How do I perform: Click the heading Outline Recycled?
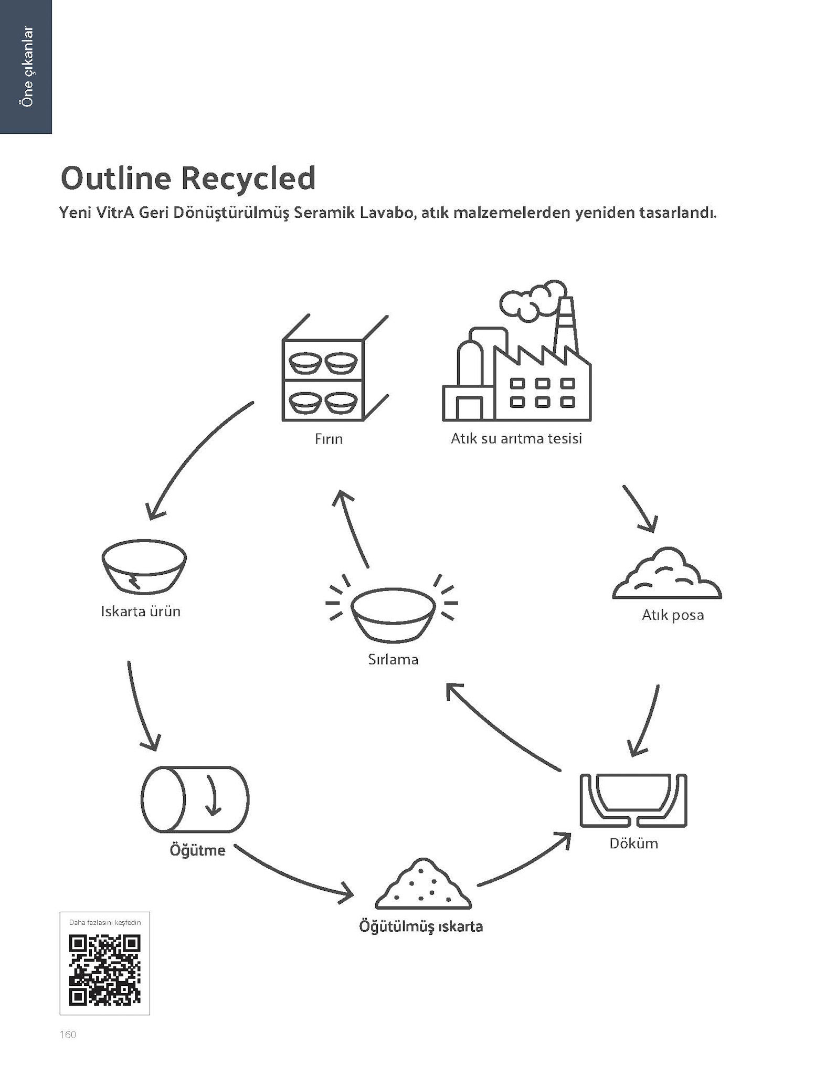click(188, 178)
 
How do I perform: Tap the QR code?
click(105, 970)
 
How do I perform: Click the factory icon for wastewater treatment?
click(517, 367)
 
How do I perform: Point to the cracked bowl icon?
click(143, 567)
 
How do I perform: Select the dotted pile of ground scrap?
click(423, 885)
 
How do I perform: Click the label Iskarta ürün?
click(141, 612)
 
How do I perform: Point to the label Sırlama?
click(393, 660)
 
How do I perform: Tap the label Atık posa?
click(672, 615)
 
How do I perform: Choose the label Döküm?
click(633, 844)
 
